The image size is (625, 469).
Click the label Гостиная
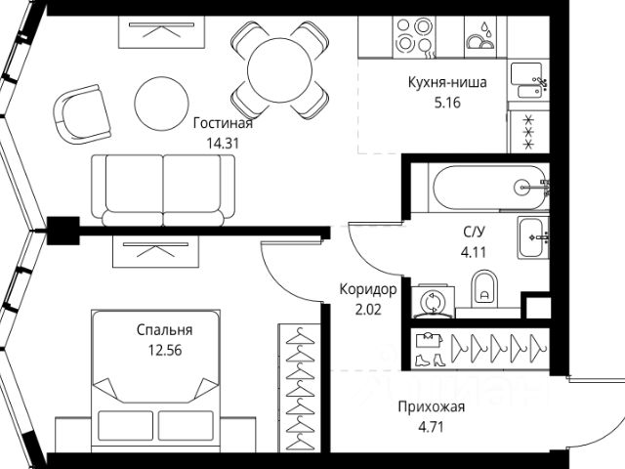[223, 123]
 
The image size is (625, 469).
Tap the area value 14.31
[223, 141]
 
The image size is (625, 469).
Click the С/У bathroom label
[475, 233]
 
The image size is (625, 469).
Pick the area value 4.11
[475, 250]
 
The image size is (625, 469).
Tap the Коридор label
[368, 289]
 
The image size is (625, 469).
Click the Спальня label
[164, 330]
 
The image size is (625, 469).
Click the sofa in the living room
[163, 188]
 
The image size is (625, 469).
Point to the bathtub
[481, 187]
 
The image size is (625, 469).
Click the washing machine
[430, 301]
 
